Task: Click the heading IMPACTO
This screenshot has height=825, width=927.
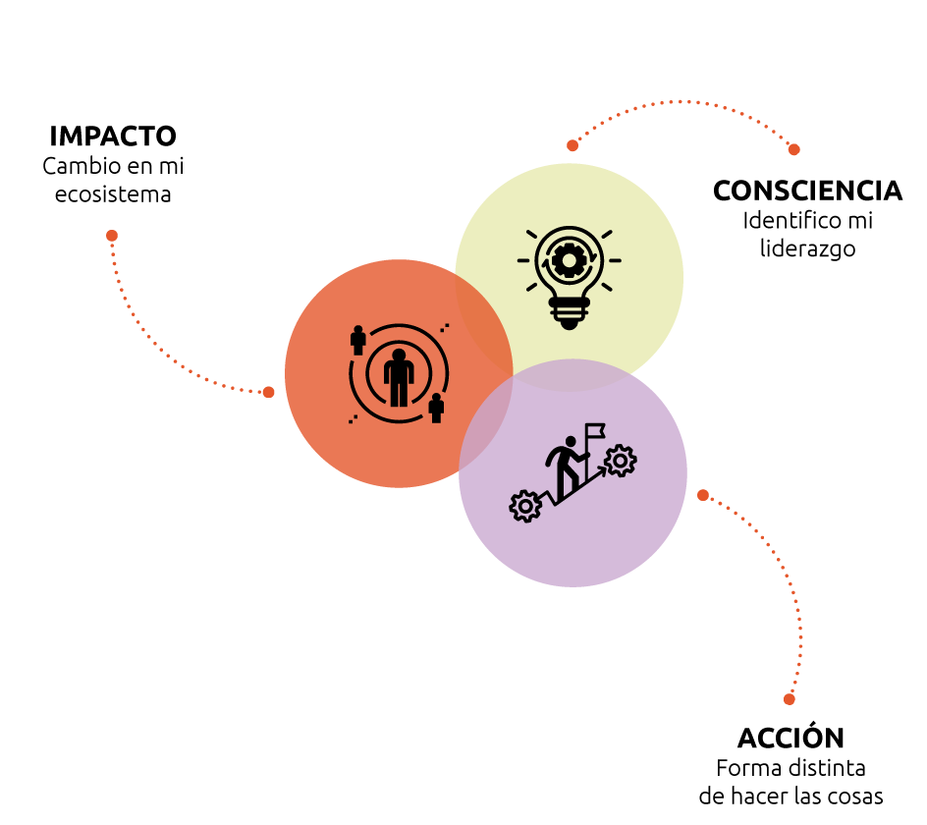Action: [113, 136]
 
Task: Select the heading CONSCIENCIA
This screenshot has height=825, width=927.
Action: [807, 191]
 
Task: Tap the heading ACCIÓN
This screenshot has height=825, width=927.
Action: [791, 737]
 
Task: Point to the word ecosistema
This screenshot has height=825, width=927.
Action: [113, 194]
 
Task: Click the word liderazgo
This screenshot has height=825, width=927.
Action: [807, 248]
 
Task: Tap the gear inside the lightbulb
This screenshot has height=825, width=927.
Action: [569, 259]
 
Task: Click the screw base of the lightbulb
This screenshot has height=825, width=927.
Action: [569, 312]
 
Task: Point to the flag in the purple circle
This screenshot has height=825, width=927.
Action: [595, 430]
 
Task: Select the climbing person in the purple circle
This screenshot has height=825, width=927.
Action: [567, 467]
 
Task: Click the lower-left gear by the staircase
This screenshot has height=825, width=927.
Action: [525, 506]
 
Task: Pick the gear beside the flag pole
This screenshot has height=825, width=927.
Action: [621, 460]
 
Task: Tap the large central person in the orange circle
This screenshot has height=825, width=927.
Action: [399, 377]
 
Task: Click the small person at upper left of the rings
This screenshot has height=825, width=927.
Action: [357, 340]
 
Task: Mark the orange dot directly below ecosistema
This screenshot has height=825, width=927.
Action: [112, 236]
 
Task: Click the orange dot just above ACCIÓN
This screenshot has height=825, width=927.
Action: [790, 699]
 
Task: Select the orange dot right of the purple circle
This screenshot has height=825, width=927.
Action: [703, 495]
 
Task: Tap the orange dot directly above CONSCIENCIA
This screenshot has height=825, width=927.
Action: [794, 149]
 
